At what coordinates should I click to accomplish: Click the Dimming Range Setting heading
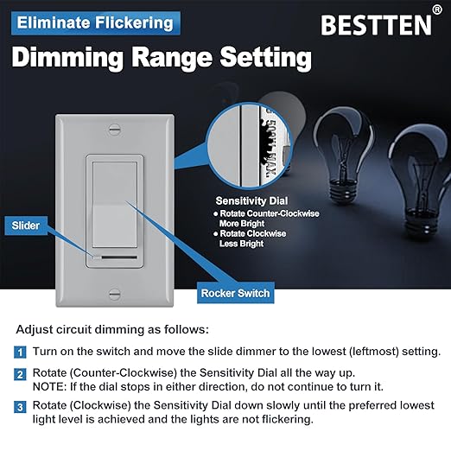click(x=162, y=58)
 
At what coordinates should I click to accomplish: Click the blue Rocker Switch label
click(x=236, y=293)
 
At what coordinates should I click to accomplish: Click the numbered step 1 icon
click(x=20, y=353)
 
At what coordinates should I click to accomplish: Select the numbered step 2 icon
click(x=20, y=375)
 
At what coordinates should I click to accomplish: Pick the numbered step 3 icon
click(x=20, y=406)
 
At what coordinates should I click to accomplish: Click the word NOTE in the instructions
click(x=51, y=388)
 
